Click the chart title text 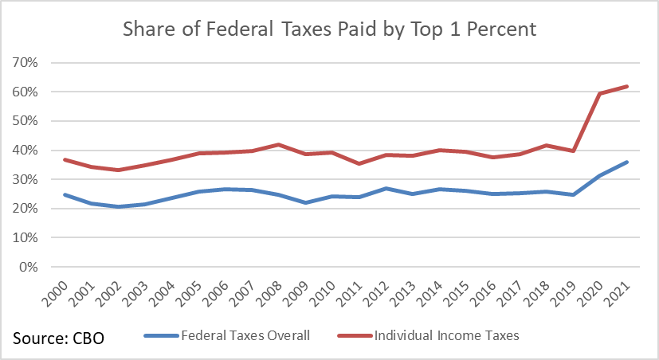(x=329, y=30)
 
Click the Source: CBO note (x=58, y=338)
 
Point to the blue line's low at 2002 (x=117, y=206)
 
